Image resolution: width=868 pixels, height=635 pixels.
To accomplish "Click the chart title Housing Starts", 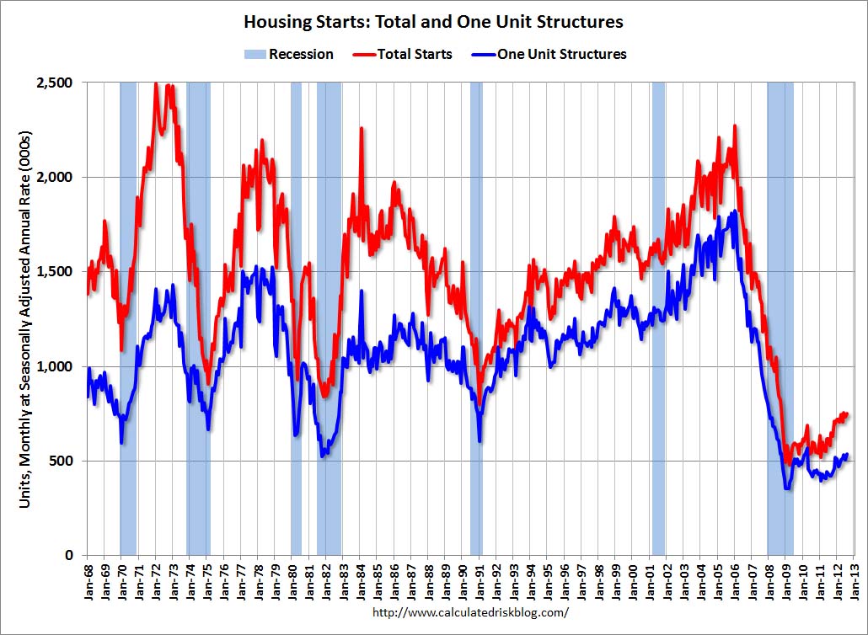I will click(433, 20).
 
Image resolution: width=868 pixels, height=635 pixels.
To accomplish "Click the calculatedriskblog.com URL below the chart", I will click(470, 613).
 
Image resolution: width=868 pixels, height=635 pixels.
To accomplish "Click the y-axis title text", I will click(26, 319).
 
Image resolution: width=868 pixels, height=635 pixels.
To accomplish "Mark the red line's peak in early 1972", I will click(156, 83).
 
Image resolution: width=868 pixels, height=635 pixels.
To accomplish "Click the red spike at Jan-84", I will click(362, 129).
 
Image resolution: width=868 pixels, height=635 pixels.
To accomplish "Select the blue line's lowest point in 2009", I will click(787, 488).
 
